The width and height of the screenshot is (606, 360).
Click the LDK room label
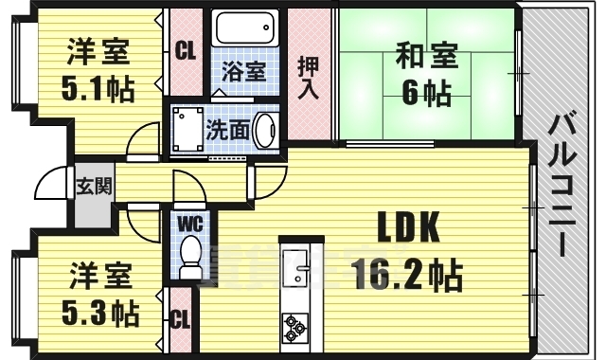408,227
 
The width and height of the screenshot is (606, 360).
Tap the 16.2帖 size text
407,276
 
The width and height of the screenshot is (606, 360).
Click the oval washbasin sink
265,130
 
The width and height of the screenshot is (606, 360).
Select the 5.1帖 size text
99,88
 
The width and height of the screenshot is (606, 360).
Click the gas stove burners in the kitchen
294,329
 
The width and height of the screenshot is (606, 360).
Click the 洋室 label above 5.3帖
98,279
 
